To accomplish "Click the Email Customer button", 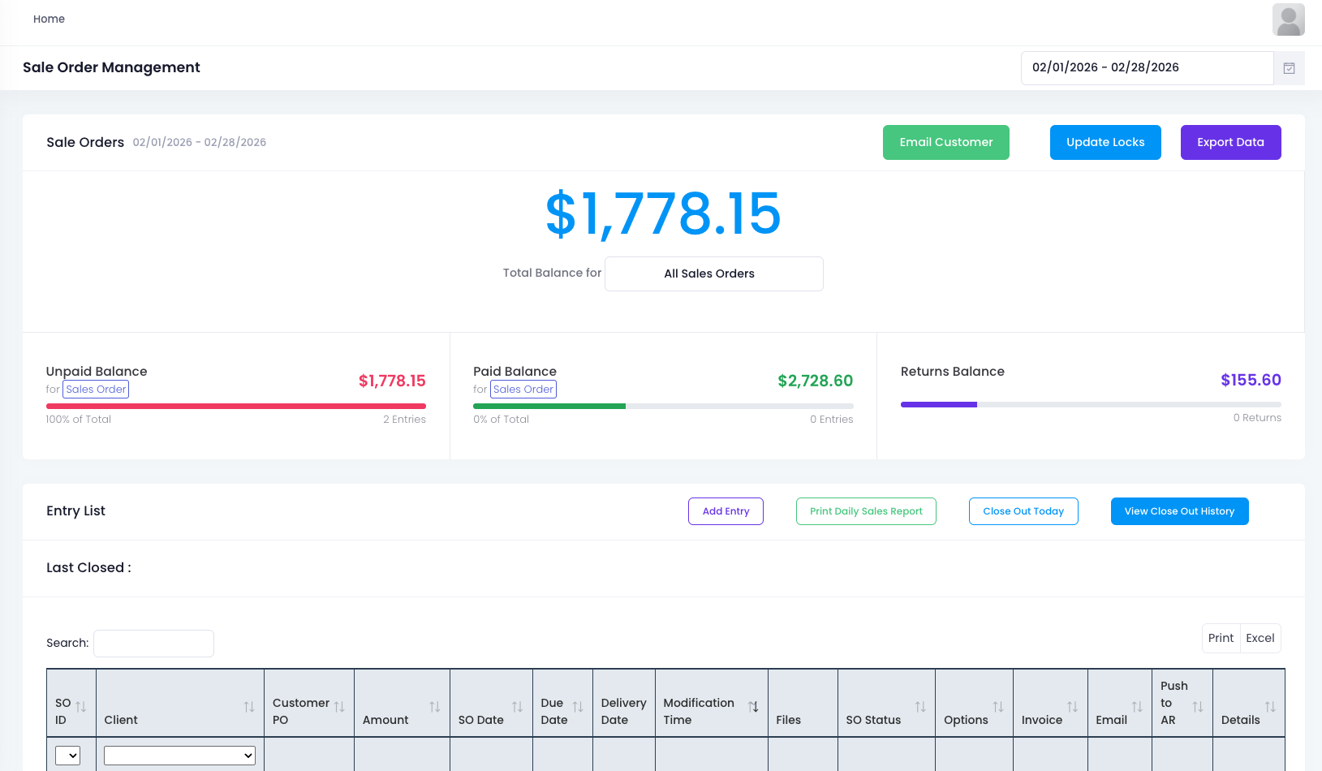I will coord(945,142).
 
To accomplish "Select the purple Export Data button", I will coord(1230,142).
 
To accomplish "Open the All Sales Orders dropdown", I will coord(713,274).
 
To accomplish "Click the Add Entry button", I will coord(726,511).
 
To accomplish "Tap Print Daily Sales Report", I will coord(866,511).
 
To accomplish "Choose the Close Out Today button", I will coord(1023,511).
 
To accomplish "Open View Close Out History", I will coord(1178,511).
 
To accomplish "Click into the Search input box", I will coord(153,643).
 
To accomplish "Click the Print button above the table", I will coord(1221,638).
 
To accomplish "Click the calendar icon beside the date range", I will coord(1289,68).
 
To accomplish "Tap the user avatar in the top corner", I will coord(1288,19).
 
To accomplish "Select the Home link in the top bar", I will coord(49,19).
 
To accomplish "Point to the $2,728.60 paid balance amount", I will coord(815,381).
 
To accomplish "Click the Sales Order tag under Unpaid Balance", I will coord(96,390).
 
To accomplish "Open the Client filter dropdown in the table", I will coord(179,755).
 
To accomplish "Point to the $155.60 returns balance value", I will coord(1251,380).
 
